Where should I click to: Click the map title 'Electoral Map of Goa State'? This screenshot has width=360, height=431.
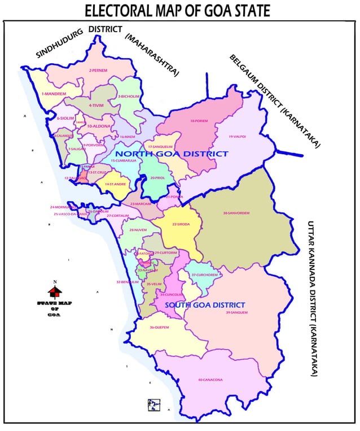pyautogui.click(x=177, y=10)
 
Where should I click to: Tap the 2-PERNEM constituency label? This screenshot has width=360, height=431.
pyautogui.click(x=98, y=71)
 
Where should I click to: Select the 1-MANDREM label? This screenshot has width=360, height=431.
pyautogui.click(x=54, y=93)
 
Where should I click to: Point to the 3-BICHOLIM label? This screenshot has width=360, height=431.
pyautogui.click(x=129, y=97)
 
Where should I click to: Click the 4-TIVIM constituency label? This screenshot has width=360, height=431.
pyautogui.click(x=97, y=105)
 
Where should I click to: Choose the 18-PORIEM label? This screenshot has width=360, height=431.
pyautogui.click(x=199, y=121)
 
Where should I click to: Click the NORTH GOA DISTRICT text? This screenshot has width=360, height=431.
pyautogui.click(x=172, y=154)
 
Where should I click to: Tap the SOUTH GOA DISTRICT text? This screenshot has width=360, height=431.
pyautogui.click(x=205, y=305)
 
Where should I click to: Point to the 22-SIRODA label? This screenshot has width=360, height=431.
pyautogui.click(x=181, y=224)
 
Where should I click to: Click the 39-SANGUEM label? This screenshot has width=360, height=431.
pyautogui.click(x=235, y=312)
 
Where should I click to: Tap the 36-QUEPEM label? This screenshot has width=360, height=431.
pyautogui.click(x=159, y=328)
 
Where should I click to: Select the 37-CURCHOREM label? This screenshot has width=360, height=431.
pyautogui.click(x=204, y=275)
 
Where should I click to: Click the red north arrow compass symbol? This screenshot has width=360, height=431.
pyautogui.click(x=55, y=291)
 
